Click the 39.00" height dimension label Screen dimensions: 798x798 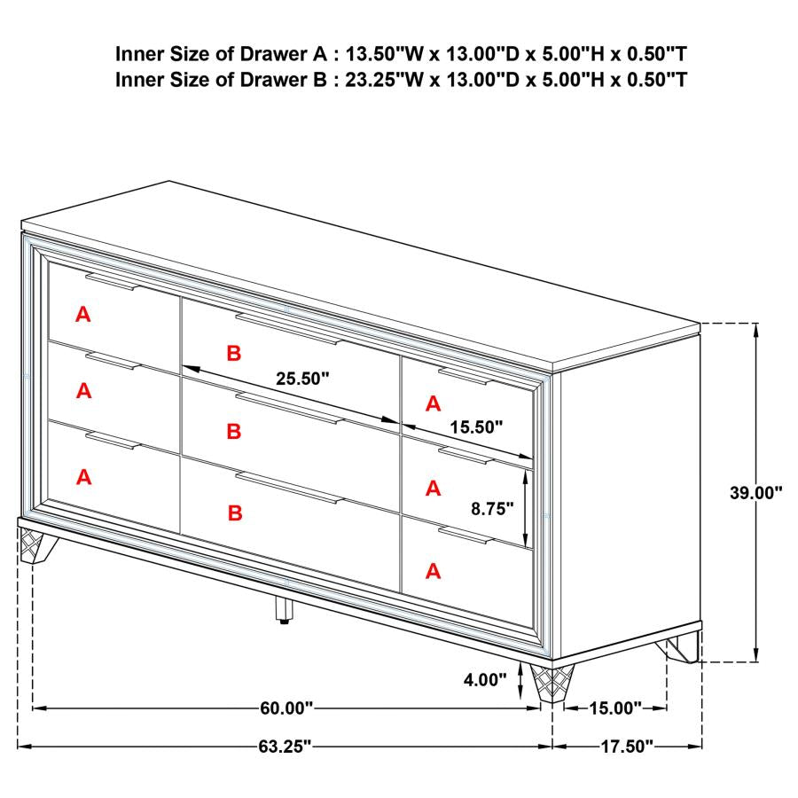pyautogui.click(x=755, y=493)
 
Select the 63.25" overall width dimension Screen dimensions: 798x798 pyautogui.click(x=285, y=747)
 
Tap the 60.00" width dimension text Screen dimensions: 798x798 pyautogui.click(x=287, y=708)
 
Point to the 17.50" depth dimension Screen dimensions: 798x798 pyautogui.click(x=626, y=747)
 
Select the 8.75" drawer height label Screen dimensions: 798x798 pyautogui.click(x=493, y=509)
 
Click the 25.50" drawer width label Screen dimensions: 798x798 pyautogui.click(x=301, y=379)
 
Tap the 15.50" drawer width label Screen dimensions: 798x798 pyautogui.click(x=475, y=426)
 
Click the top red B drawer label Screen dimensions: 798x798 pyautogui.click(x=233, y=354)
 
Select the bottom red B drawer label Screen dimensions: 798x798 pyautogui.click(x=233, y=512)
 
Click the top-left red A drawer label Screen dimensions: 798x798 pyautogui.click(x=83, y=313)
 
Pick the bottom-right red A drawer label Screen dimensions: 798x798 pyautogui.click(x=433, y=571)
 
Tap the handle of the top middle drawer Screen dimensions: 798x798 pyautogui.click(x=287, y=327)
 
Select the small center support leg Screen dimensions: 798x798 pyautogui.click(x=284, y=609)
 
